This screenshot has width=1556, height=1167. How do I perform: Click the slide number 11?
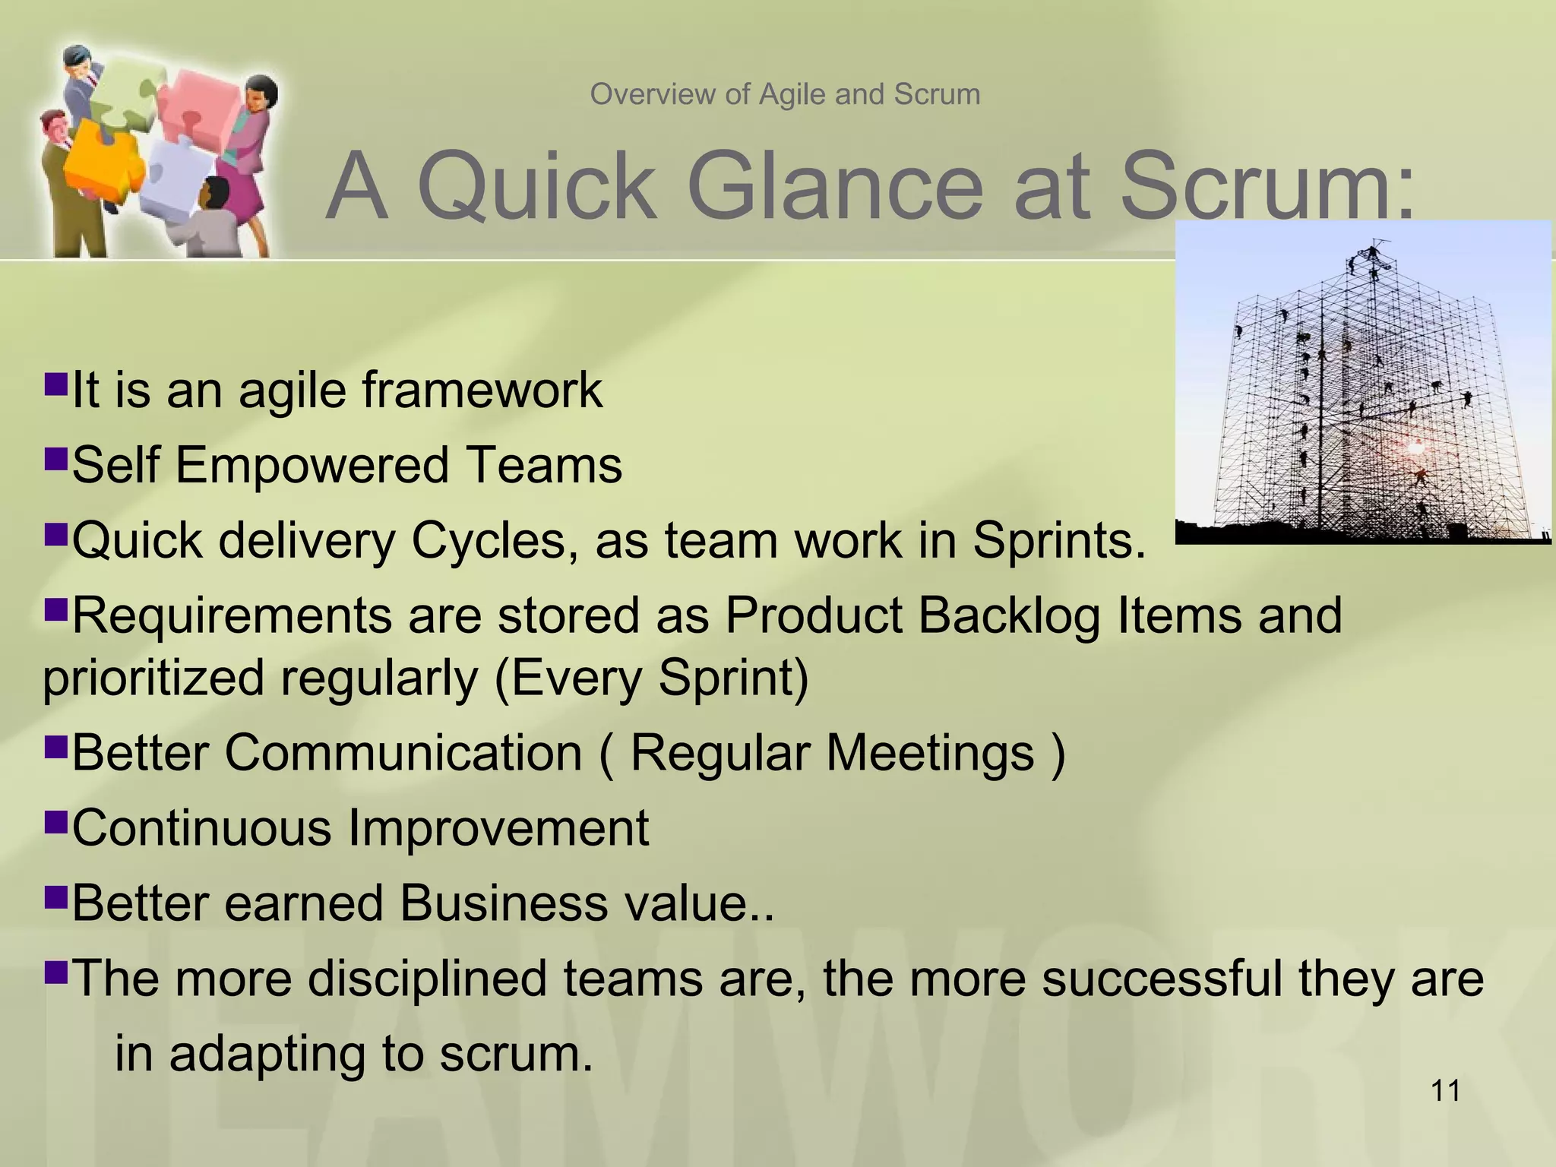pyautogui.click(x=1444, y=1091)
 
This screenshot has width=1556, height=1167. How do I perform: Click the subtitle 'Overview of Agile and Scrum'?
pyautogui.click(x=785, y=95)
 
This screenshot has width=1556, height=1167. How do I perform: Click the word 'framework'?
pyautogui.click(x=482, y=391)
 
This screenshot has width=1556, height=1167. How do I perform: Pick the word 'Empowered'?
pyautogui.click(x=312, y=465)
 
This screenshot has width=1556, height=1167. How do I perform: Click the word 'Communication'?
pyautogui.click(x=403, y=753)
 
